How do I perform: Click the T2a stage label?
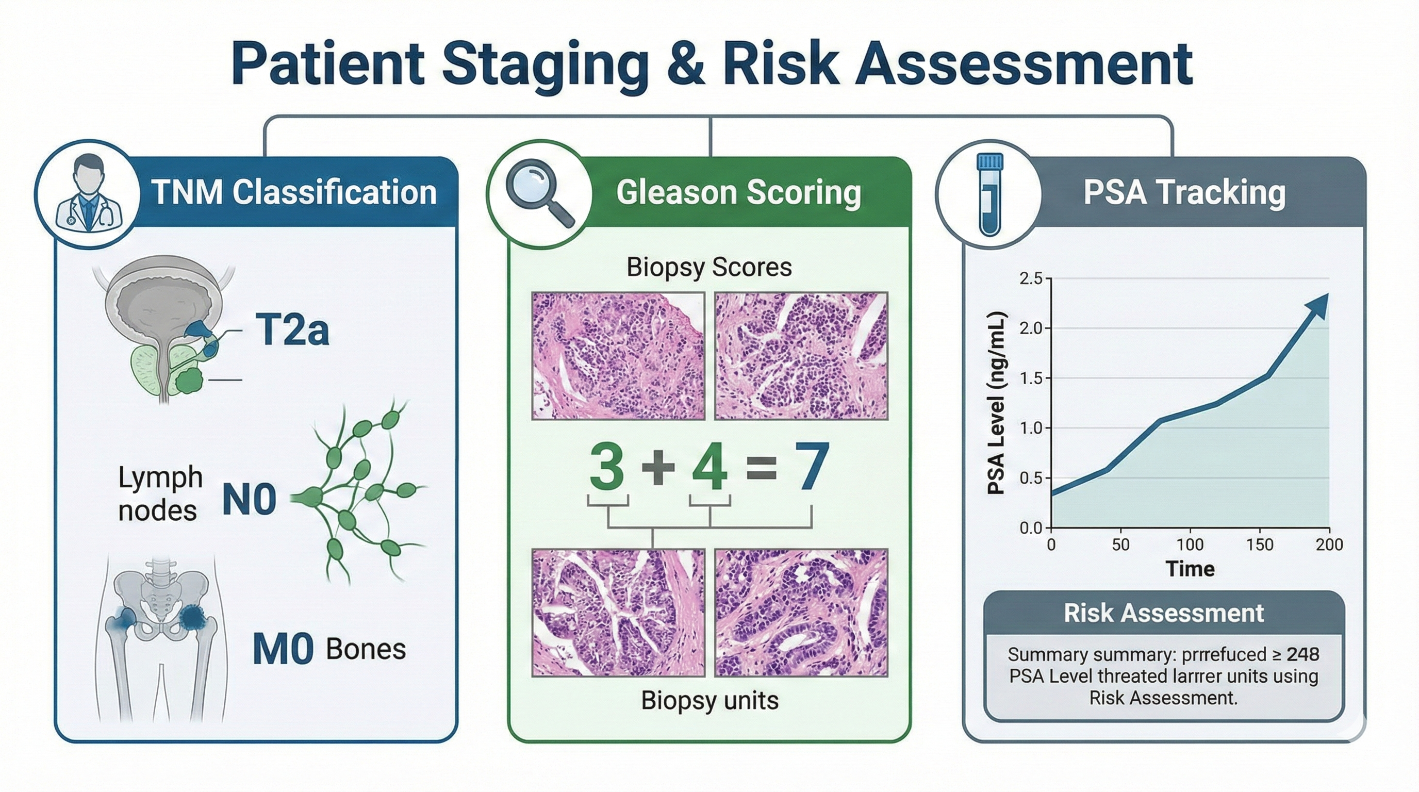292,330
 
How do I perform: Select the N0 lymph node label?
249,500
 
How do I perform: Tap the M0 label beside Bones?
283,649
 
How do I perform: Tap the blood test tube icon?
989,194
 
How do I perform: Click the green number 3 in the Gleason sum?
607,468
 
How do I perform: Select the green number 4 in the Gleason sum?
709,468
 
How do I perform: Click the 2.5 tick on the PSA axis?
1031,278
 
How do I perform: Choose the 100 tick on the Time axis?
1190,545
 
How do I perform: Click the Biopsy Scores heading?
709,268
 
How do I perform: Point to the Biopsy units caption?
709,701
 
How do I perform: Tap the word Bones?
366,649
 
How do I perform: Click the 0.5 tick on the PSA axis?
1031,478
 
